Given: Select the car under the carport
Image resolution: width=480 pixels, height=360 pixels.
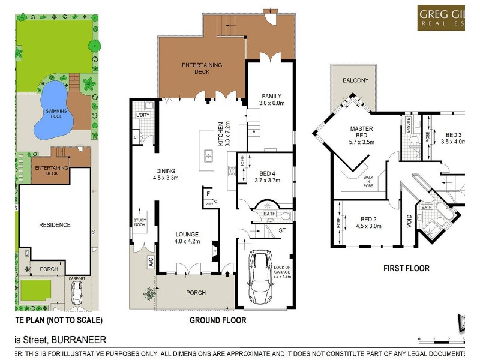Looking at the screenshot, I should click(x=77, y=293).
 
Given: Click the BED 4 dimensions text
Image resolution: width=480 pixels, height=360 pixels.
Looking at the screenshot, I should click(x=267, y=180).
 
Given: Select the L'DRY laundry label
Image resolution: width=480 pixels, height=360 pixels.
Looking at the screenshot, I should click(x=142, y=115).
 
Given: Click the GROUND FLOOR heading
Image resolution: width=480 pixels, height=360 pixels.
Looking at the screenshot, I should click(x=217, y=320).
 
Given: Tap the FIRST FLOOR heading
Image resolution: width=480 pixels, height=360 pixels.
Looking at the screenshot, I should click(x=406, y=268).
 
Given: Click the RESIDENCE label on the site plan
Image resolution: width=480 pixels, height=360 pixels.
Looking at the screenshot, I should click(x=55, y=225).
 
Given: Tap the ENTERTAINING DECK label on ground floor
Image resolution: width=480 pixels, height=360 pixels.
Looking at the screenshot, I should click(x=202, y=68).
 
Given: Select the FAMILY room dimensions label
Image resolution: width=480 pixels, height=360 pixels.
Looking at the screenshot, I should click(x=270, y=103).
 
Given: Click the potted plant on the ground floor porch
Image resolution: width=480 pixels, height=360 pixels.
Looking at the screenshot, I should click(x=149, y=293).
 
